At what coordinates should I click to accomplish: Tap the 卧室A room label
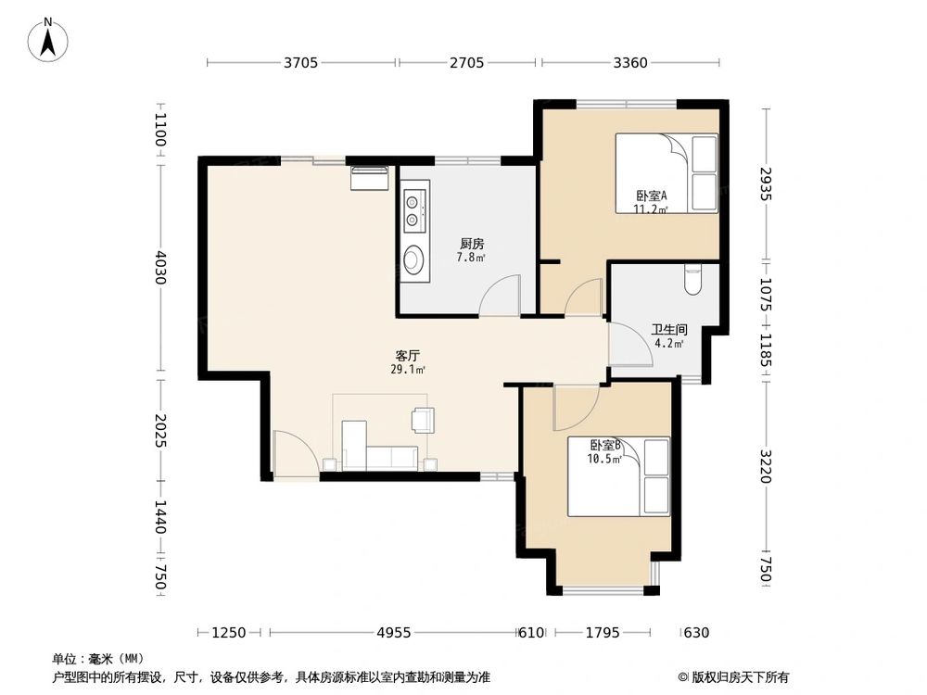tap(652, 196)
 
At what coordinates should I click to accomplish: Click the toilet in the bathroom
tap(692, 278)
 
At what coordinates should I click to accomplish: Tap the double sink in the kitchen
tap(413, 210)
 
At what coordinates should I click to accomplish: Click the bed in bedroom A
tap(667, 173)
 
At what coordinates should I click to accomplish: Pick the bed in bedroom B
tap(618, 476)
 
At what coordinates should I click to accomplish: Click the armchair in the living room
tap(423, 420)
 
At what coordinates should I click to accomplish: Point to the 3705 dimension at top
tap(301, 63)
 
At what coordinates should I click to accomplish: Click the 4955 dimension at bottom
tap(393, 633)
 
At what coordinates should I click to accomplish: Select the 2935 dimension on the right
tap(766, 183)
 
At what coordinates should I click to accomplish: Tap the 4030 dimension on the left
tap(160, 269)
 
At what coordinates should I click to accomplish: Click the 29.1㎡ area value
tap(408, 369)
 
